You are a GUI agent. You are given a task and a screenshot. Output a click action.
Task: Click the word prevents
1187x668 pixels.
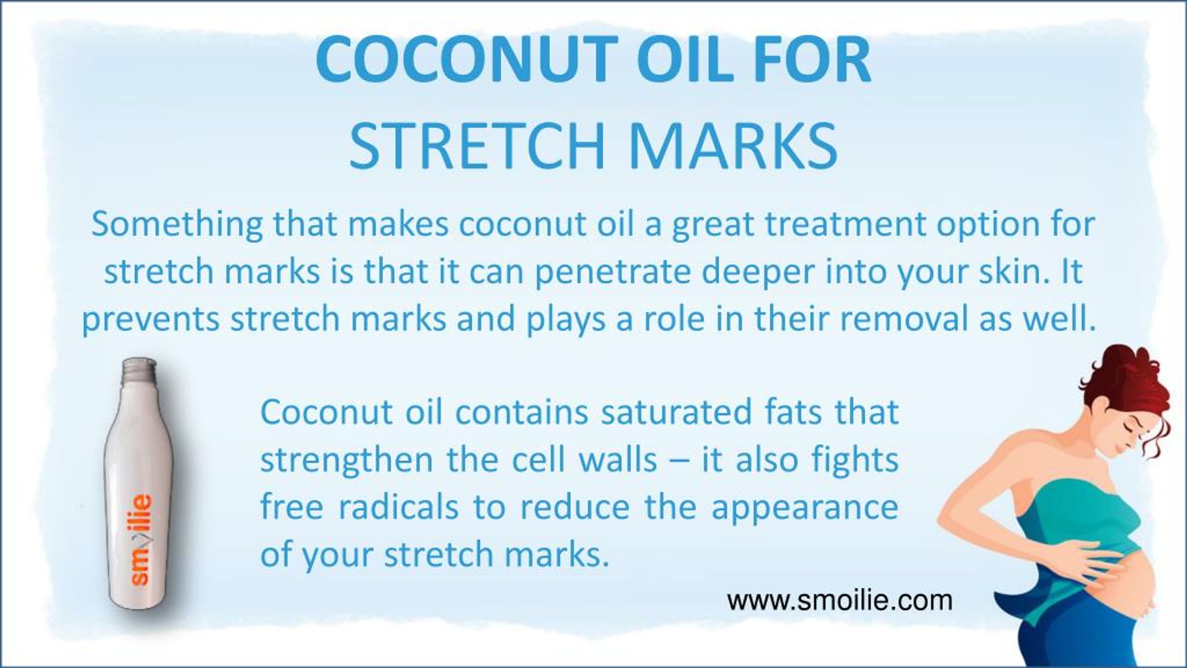tap(150, 320)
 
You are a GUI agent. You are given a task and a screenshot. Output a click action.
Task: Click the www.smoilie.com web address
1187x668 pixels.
tap(839, 601)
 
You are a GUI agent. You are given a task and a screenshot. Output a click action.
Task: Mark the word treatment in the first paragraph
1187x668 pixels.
tap(843, 225)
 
